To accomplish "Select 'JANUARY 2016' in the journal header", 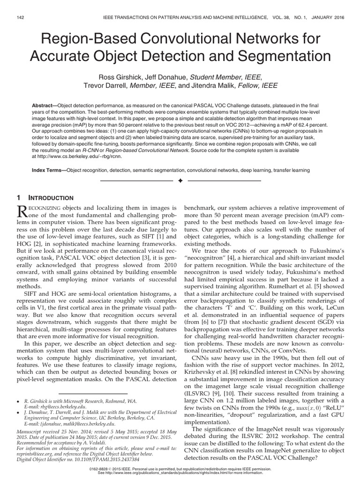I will [326, 17].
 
